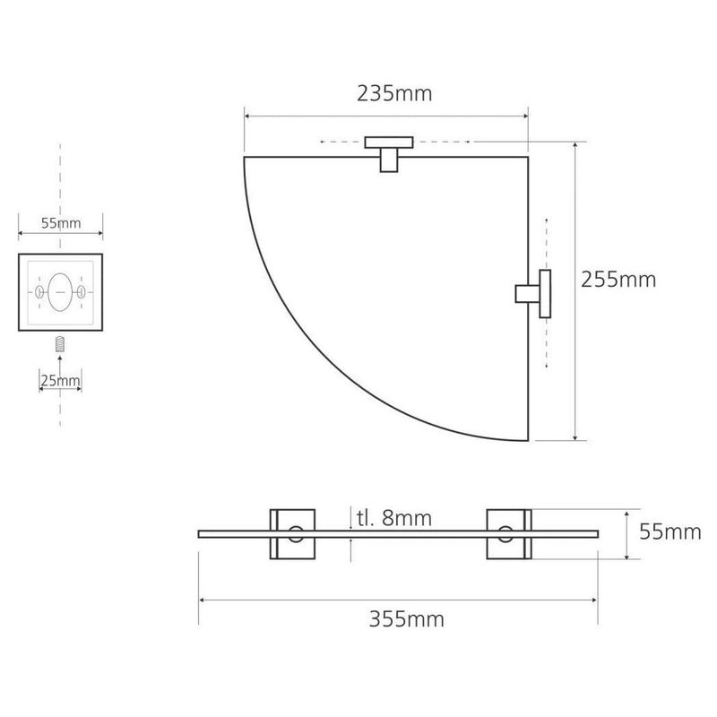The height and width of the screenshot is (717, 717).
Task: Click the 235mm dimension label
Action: [x=394, y=94]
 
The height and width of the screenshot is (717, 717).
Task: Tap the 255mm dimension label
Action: [x=618, y=280]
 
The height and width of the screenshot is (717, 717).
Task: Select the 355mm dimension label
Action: [x=407, y=619]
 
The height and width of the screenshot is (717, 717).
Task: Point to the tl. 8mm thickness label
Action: [x=394, y=518]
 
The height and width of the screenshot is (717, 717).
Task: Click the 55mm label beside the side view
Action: [x=669, y=531]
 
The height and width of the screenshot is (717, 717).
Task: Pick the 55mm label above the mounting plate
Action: [x=61, y=223]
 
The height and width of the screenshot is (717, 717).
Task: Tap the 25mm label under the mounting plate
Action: [x=60, y=380]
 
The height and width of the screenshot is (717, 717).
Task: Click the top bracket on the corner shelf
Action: [x=389, y=154]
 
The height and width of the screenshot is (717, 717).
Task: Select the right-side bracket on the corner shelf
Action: [x=533, y=294]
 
